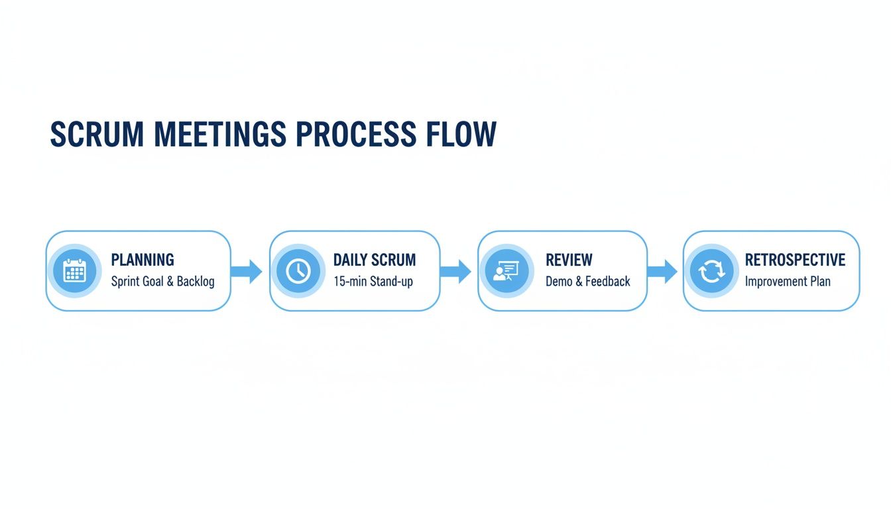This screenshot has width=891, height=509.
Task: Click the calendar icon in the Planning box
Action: (74, 270)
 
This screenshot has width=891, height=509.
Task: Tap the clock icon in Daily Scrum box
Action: (298, 270)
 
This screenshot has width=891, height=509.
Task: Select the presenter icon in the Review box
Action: (506, 270)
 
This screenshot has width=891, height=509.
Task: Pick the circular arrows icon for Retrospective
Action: (711, 271)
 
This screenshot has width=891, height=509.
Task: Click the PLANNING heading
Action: (143, 260)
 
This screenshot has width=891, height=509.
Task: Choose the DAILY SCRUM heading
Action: (375, 260)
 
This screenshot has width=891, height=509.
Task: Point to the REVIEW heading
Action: (569, 260)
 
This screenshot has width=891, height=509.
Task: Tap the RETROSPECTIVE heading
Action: (795, 260)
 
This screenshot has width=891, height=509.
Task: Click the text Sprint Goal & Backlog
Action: (163, 282)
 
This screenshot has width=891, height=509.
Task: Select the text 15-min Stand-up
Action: (373, 282)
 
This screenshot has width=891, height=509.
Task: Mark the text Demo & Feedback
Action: (588, 282)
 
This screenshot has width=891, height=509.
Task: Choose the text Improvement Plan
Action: (788, 282)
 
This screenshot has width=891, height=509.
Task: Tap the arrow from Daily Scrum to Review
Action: (455, 270)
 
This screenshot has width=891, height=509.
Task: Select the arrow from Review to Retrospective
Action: (662, 270)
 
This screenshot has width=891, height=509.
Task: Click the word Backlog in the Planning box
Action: (196, 282)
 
